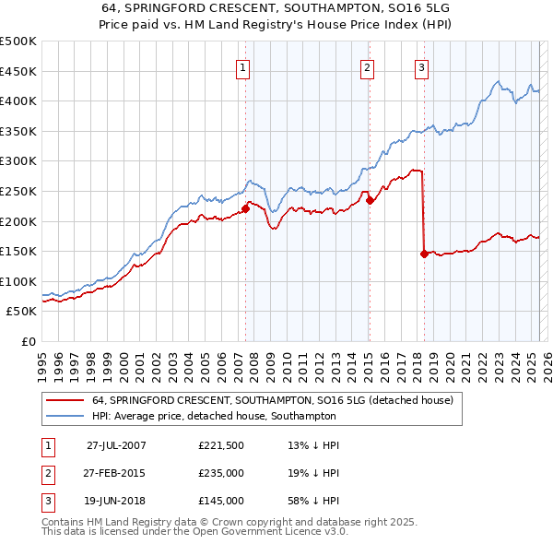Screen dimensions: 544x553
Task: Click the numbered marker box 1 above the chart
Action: pos(242,66)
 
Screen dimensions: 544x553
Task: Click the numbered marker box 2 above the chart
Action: pos(367,66)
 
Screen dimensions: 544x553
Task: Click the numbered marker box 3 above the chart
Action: pos(421,66)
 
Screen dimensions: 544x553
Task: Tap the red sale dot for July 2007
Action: pos(246,208)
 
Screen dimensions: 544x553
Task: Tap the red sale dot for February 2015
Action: pos(369,200)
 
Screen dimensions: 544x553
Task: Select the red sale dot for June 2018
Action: pos(423,254)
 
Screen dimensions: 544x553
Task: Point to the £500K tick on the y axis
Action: pos(18,41)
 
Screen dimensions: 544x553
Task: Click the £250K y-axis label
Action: pos(18,191)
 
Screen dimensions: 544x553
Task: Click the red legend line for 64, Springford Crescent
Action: pos(64,401)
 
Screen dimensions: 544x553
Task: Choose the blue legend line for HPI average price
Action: pos(64,416)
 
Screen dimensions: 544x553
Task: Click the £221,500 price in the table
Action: pos(221,444)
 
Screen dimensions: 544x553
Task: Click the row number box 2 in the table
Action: pos(48,472)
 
